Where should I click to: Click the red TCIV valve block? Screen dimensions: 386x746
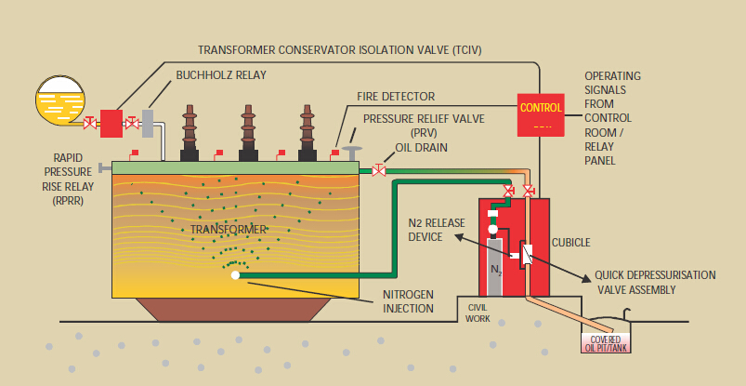tap(111, 122)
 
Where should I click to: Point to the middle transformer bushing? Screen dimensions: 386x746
tap(248, 133)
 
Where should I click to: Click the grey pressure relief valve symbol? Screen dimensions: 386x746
tap(353, 152)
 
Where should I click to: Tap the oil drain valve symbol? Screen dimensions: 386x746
tap(379, 170)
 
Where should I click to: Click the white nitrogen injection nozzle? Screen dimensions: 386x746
tap(235, 274)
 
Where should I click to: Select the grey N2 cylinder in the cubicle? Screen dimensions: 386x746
tap(495, 268)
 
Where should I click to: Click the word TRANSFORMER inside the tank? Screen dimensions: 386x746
tap(228, 228)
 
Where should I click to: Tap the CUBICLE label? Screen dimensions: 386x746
tap(570, 243)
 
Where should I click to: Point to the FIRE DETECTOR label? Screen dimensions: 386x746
tap(396, 96)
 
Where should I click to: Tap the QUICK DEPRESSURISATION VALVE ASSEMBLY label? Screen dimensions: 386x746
tap(655, 283)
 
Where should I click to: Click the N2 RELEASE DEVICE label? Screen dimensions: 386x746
tap(433, 230)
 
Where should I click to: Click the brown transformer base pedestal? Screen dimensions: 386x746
tap(235, 313)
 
